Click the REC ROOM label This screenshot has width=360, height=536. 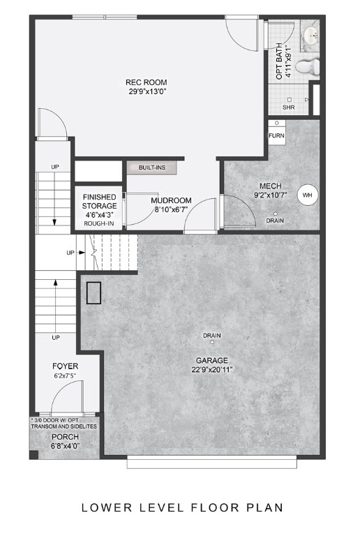[147, 81]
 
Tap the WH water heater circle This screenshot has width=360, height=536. [307, 195]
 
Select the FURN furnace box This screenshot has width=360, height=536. [276, 135]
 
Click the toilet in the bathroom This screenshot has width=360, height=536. [308, 67]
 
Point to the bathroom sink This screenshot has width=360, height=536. [310, 35]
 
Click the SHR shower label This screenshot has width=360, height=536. [288, 108]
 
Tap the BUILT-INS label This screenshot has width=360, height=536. [151, 168]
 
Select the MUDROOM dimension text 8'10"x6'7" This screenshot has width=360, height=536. [172, 209]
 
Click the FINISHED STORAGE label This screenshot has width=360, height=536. [100, 202]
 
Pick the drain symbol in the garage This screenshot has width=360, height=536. [212, 343]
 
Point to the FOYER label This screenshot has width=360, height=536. [66, 366]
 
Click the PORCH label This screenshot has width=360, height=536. [65, 437]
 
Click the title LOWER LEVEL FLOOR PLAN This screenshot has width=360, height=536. [182, 507]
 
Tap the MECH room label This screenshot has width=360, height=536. [271, 186]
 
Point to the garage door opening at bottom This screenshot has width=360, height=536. [212, 461]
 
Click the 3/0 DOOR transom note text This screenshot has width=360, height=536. [65, 423]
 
